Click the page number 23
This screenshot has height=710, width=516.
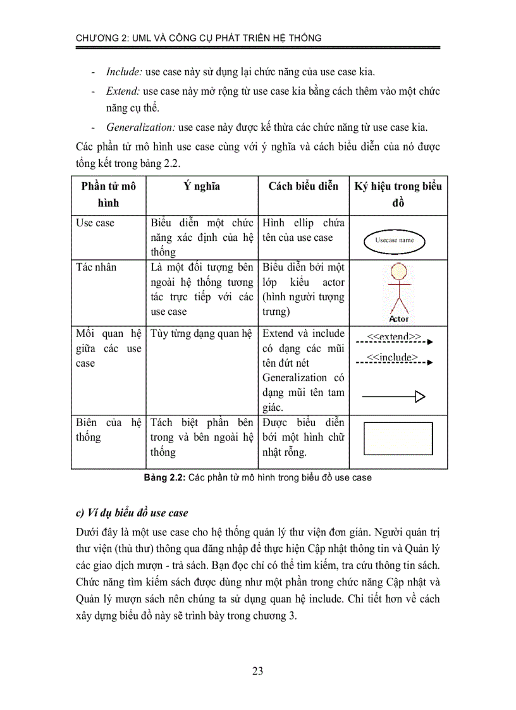[257, 671]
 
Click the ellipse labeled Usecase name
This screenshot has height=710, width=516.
[395, 240]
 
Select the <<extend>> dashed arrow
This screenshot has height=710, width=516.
[393, 342]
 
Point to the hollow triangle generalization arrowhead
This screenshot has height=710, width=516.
[420, 396]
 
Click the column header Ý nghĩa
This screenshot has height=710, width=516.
[202, 186]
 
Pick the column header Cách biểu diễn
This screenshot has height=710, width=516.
[303, 186]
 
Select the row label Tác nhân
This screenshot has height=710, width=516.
[96, 267]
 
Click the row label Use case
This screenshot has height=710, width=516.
[95, 223]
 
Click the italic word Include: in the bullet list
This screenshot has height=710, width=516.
[124, 72]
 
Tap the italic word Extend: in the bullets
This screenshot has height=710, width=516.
[123, 91]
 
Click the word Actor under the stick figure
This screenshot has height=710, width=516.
[399, 319]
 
